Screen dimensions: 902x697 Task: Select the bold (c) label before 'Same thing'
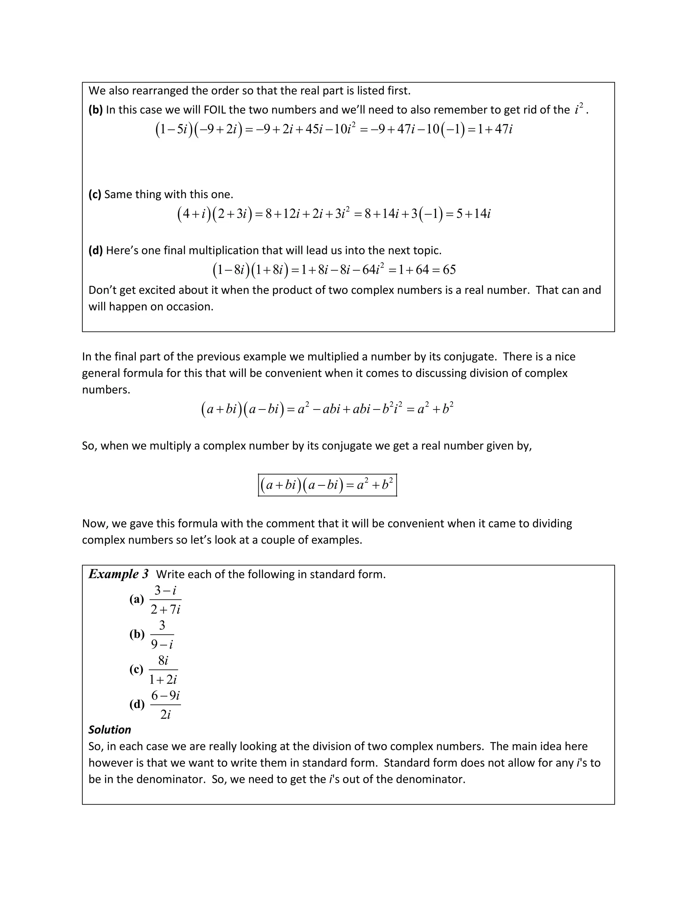pyautogui.click(x=95, y=194)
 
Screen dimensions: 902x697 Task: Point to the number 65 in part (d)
pyautogui.click(x=449, y=270)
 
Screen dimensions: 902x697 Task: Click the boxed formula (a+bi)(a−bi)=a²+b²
pyautogui.click(x=327, y=485)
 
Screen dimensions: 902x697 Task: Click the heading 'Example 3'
pyautogui.click(x=118, y=574)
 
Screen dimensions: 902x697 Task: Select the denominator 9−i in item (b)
pyautogui.click(x=162, y=644)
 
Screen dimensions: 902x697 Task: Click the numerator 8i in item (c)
pyautogui.click(x=163, y=660)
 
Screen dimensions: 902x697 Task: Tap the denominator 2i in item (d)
pyautogui.click(x=165, y=714)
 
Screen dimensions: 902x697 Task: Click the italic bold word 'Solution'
pyautogui.click(x=110, y=730)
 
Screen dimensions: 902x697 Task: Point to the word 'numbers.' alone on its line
pyautogui.click(x=106, y=390)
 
